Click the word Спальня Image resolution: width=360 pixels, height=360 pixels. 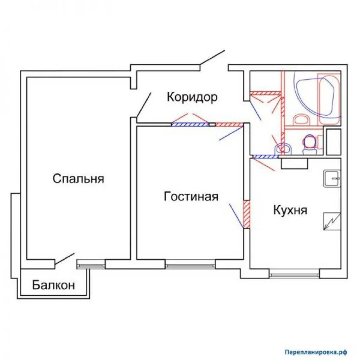[x=78, y=179]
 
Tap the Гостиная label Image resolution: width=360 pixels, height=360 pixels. [x=191, y=197]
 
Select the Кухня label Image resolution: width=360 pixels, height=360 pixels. [x=290, y=210]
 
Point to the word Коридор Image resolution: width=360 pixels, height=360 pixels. [x=192, y=97]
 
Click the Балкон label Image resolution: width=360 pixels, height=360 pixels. [x=53, y=285]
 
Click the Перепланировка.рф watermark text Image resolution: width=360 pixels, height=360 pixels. [x=316, y=352]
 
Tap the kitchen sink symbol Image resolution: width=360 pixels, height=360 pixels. [x=332, y=178]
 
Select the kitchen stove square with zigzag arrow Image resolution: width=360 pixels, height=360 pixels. [x=332, y=221]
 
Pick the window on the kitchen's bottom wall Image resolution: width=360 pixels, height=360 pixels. [x=294, y=275]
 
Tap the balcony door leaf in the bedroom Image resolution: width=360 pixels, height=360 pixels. [x=65, y=259]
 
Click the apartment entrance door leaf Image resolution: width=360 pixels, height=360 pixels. [x=212, y=57]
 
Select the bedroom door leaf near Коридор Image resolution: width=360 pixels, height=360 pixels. [x=144, y=105]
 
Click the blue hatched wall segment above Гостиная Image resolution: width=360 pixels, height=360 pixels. [x=190, y=125]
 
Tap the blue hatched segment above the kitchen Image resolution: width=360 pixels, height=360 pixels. [x=265, y=156]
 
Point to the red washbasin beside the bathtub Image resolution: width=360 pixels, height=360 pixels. [x=301, y=119]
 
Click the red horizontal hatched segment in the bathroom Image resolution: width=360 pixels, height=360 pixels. [x=266, y=93]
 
